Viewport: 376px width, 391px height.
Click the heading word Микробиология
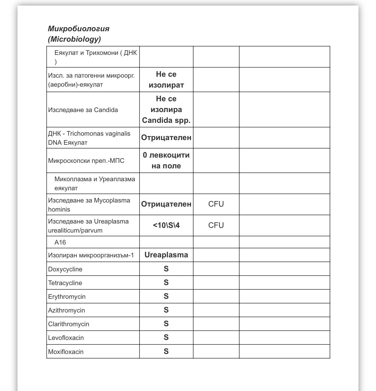click(79, 29)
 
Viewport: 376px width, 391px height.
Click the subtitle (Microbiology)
click(74, 39)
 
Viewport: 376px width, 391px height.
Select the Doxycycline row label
click(65, 269)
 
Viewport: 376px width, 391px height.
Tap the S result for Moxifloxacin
click(166, 351)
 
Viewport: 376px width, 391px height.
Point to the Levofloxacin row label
click(66, 338)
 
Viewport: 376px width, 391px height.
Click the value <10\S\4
click(166, 225)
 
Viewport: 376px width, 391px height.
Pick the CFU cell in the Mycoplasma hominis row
click(216, 204)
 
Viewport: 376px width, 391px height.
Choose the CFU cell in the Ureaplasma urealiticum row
click(216, 225)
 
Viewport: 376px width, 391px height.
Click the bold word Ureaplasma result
click(166, 255)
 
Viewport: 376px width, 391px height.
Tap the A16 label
click(60, 242)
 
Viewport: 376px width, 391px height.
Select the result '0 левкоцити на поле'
click(166, 160)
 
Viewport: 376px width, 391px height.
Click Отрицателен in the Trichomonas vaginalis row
click(166, 137)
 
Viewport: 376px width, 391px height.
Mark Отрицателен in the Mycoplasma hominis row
click(166, 204)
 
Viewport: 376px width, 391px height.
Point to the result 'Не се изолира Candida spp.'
click(166, 109)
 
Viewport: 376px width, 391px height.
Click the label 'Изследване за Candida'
click(83, 110)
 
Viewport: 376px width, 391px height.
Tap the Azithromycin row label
click(66, 310)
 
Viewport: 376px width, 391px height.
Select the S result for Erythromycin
click(166, 296)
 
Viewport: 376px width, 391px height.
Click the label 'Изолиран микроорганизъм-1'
click(91, 255)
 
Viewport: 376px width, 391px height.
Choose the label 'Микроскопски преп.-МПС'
click(86, 161)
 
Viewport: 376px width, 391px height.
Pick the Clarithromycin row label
click(68, 324)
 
